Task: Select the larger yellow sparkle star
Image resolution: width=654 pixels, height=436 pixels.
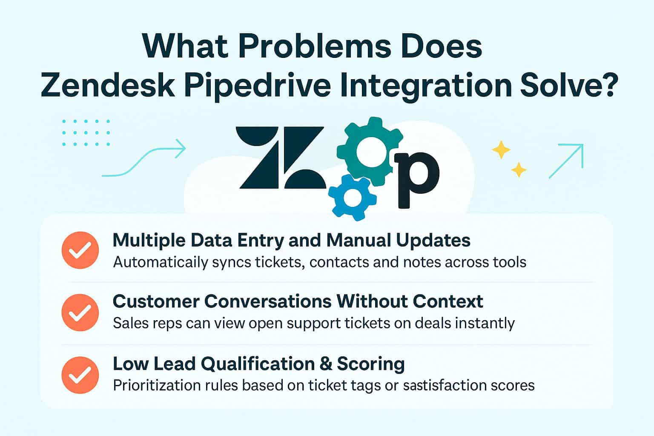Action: click(501, 150)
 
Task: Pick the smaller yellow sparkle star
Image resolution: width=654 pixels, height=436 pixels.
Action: click(519, 170)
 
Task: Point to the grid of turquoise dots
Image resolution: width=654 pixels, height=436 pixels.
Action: click(86, 132)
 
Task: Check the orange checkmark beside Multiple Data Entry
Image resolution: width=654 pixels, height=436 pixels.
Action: click(80, 250)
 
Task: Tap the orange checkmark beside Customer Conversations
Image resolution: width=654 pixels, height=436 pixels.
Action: click(80, 312)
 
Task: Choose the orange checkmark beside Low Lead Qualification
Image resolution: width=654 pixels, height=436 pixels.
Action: click(80, 375)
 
